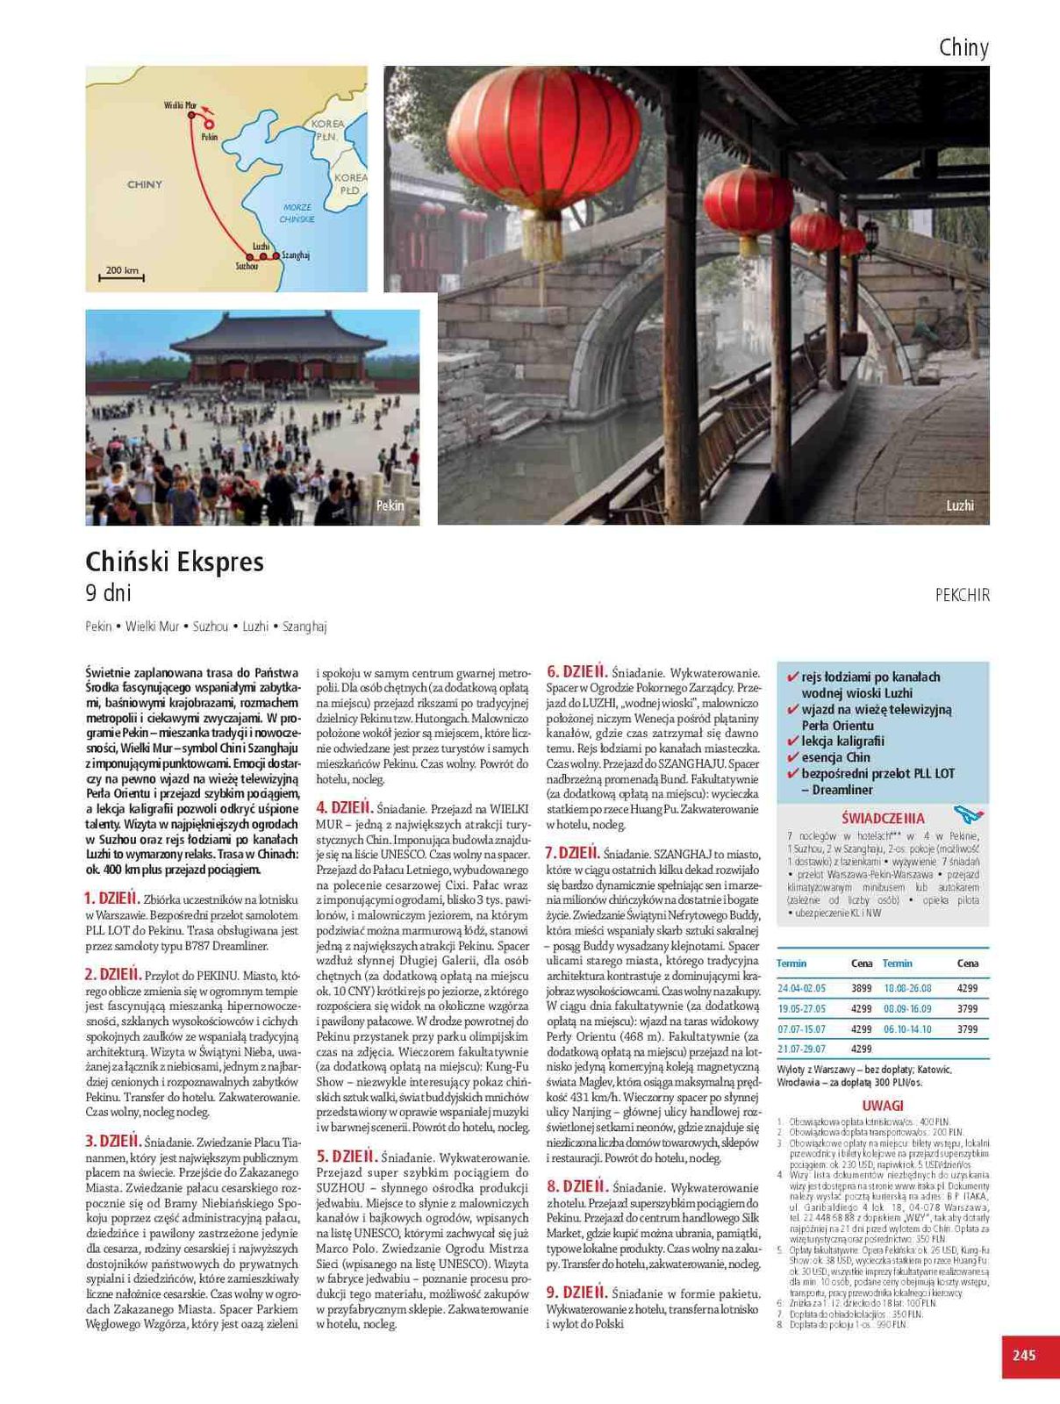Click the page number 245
[1023, 1355]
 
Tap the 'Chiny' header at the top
[963, 47]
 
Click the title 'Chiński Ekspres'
[175, 562]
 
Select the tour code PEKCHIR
[962, 595]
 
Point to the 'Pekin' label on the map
[209, 138]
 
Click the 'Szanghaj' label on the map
[296, 255]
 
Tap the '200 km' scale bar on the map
[122, 273]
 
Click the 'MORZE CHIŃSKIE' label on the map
[297, 213]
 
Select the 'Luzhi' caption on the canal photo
[959, 505]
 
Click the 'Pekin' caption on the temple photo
[390, 505]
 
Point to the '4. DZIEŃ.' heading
[345, 807]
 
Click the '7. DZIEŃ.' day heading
[571, 852]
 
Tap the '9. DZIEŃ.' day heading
[576, 1292]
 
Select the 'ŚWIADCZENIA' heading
[882, 818]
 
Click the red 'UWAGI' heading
[882, 1105]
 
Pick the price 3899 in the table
[861, 988]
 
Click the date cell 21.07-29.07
[801, 1049]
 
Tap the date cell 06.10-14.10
[906, 1028]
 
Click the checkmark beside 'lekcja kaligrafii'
[792, 741]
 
